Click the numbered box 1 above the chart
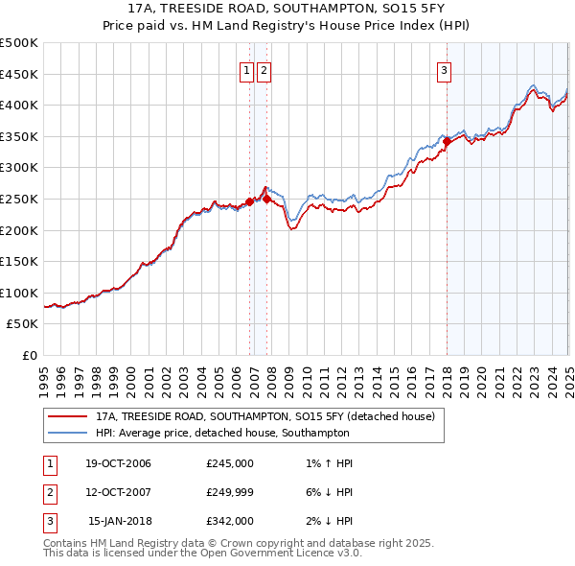[246, 69]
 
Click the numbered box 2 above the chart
[264, 69]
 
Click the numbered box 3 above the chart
[445, 69]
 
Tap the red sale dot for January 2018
[447, 141]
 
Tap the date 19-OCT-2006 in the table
[118, 463]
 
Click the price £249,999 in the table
[230, 492]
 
